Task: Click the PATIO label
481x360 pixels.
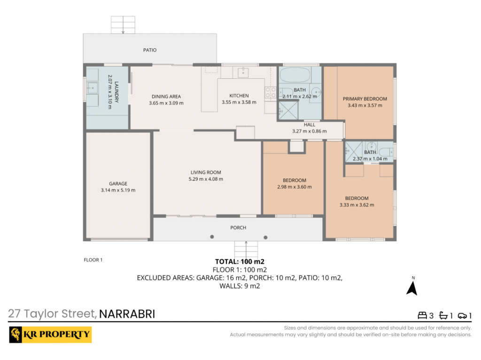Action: pos(150,50)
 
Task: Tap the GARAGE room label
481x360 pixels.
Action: pos(118,184)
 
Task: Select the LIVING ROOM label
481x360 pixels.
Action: pos(206,172)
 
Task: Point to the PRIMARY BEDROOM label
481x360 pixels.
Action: pos(365,99)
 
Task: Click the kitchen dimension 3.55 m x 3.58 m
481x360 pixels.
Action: pos(239,102)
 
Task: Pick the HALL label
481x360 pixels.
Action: pos(310,124)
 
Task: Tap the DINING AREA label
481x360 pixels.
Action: pos(166,96)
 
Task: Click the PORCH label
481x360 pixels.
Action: pos(238,228)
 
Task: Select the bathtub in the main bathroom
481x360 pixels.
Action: pos(295,75)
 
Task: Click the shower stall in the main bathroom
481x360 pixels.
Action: pos(288,110)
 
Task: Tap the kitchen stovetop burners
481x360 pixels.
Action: pos(271,92)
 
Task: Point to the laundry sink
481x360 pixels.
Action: pos(93,88)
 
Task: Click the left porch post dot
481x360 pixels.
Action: pos(212,237)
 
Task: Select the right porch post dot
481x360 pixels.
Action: pos(266,237)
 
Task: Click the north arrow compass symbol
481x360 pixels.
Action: pos(412,288)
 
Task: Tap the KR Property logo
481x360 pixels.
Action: pos(50,335)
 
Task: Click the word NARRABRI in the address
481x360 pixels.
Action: pos(127,314)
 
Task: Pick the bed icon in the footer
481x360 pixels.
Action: pos(422,315)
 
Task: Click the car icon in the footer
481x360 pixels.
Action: pos(462,315)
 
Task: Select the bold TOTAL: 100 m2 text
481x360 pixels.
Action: pos(240,261)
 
